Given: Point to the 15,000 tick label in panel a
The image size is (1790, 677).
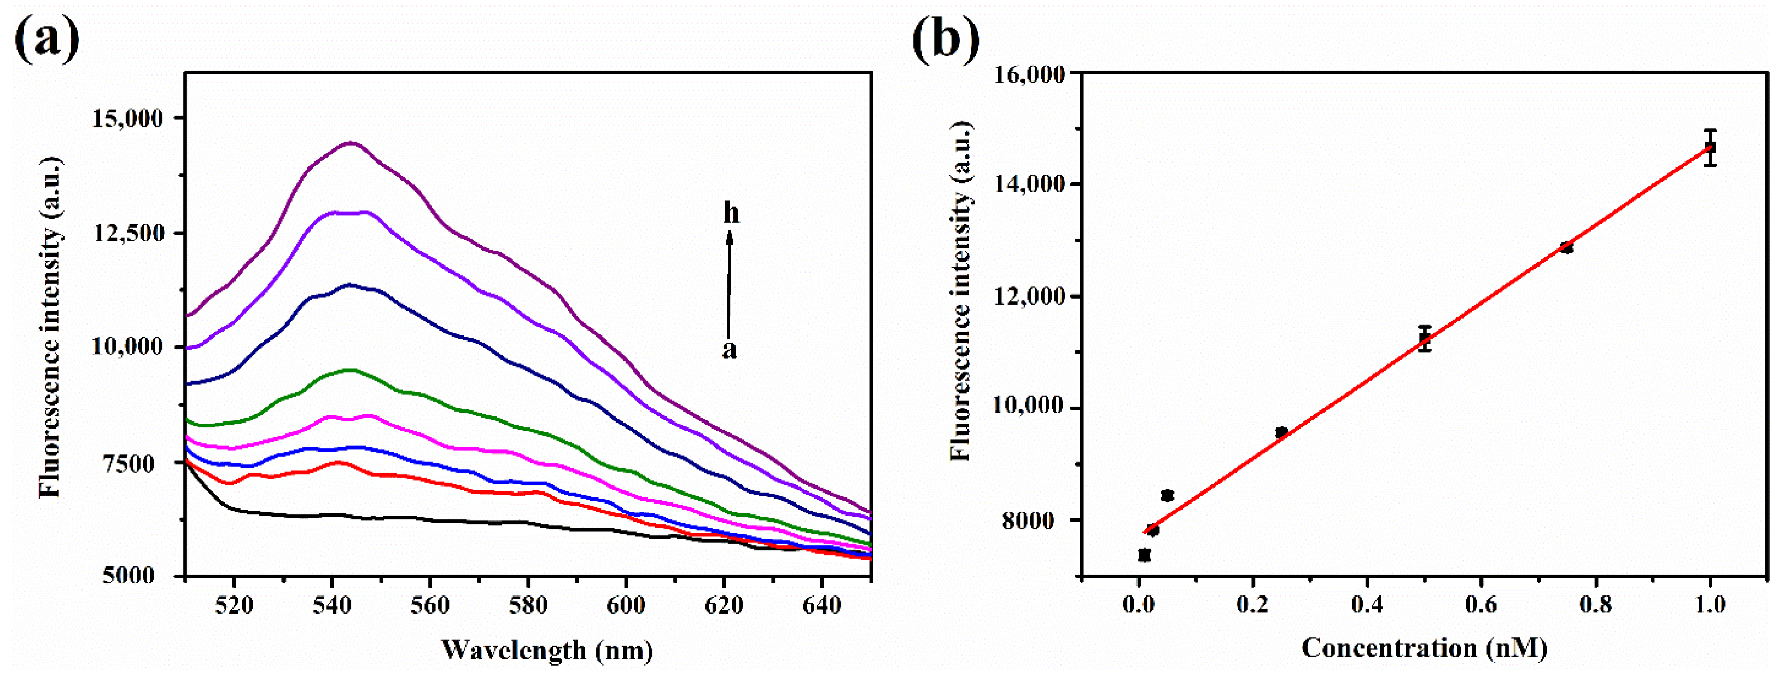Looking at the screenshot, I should [128, 118].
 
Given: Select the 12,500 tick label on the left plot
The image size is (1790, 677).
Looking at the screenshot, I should [128, 233].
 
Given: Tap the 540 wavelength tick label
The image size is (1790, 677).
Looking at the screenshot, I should [332, 605].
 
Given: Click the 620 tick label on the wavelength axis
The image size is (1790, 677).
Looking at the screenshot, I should [724, 605].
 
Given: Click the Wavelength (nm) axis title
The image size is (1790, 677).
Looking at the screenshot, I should [547, 650].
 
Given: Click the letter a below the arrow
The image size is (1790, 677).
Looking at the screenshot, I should [729, 350].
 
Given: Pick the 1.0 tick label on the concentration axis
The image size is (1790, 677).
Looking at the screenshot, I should [1710, 604].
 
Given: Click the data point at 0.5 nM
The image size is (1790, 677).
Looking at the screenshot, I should [1425, 338].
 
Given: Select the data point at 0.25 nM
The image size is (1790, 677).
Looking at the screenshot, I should [1281, 432].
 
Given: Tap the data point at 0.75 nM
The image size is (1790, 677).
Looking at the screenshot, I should [1567, 247].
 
